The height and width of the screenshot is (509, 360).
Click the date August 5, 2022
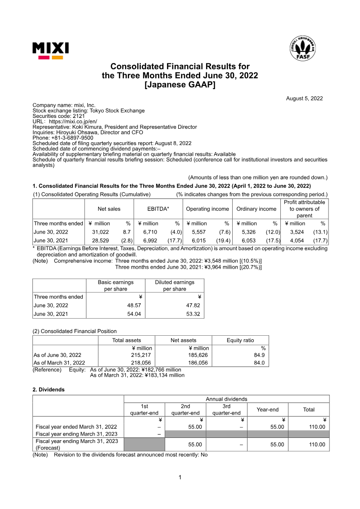[304, 99]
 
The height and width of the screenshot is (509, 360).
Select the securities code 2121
[77, 116]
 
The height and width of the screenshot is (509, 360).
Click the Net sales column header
[109, 209]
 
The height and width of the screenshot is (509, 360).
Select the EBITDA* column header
[158, 209]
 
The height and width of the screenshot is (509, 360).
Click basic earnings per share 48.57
[133, 305]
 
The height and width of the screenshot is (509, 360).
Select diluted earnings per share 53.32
[192, 314]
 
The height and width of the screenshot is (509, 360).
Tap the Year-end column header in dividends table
[267, 410]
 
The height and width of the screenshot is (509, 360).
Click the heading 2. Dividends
[49, 390]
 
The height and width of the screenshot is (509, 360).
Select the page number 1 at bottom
[180, 477]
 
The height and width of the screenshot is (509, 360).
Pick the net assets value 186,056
[198, 362]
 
